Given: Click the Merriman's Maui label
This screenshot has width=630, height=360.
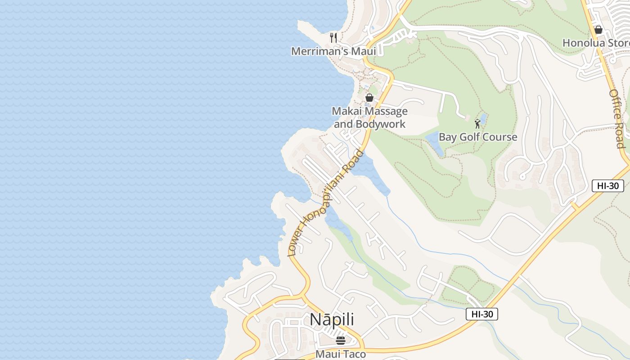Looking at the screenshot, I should click(333, 51).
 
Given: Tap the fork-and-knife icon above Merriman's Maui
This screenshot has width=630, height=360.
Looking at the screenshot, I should click(333, 38).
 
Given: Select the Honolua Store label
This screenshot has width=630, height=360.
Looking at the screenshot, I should click(596, 43).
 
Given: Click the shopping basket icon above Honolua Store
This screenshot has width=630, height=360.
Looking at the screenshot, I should click(598, 30).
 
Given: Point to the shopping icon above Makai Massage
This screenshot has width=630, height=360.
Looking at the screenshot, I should click(369, 98).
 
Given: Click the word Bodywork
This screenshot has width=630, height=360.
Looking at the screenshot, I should click(381, 124).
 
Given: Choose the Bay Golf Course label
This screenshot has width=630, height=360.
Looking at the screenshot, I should click(478, 137).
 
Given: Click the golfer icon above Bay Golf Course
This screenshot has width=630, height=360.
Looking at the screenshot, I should click(477, 123).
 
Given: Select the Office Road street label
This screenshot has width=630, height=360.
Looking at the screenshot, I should click(617, 118).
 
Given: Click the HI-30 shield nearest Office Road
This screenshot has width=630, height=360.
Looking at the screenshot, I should click(607, 186).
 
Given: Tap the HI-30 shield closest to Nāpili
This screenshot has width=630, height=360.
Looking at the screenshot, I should click(481, 314).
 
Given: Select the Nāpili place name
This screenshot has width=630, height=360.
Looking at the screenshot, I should click(332, 319).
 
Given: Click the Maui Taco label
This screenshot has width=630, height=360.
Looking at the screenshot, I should click(341, 354).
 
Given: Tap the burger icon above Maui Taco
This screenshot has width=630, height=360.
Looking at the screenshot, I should click(341, 340).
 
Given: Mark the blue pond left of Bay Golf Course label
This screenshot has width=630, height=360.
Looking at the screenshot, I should click(435, 143).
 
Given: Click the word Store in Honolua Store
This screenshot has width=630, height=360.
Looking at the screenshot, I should click(616, 43).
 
